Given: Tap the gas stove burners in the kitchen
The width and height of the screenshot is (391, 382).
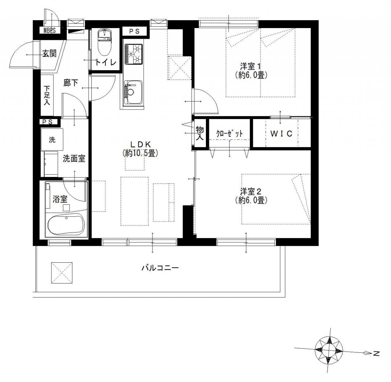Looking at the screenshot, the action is coord(133,54).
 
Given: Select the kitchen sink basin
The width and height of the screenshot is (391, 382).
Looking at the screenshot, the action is coord(133,92).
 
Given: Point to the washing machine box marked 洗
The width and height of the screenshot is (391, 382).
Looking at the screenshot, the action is coord(52,139).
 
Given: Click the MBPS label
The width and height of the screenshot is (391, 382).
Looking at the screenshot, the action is coord(49,31).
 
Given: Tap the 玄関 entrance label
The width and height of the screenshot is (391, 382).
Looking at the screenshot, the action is coord(49,54).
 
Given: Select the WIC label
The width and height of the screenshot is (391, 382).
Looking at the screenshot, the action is coord(281,134).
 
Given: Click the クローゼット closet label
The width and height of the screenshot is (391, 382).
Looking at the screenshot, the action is coord(229,134).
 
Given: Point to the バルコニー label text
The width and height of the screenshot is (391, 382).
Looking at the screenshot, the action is coord(160,268).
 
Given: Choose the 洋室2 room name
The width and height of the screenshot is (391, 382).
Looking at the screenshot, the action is coord(251,192).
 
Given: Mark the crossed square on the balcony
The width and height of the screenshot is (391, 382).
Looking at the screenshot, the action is coord(62,273).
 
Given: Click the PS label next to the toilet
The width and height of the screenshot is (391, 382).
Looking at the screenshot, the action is coord(134,31).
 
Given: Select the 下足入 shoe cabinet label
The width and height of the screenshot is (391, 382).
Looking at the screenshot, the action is coord(47,95).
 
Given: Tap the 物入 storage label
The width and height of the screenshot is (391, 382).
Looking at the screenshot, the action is coord(200,133).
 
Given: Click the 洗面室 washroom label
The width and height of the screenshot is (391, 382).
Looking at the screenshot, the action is coord(74,159).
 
